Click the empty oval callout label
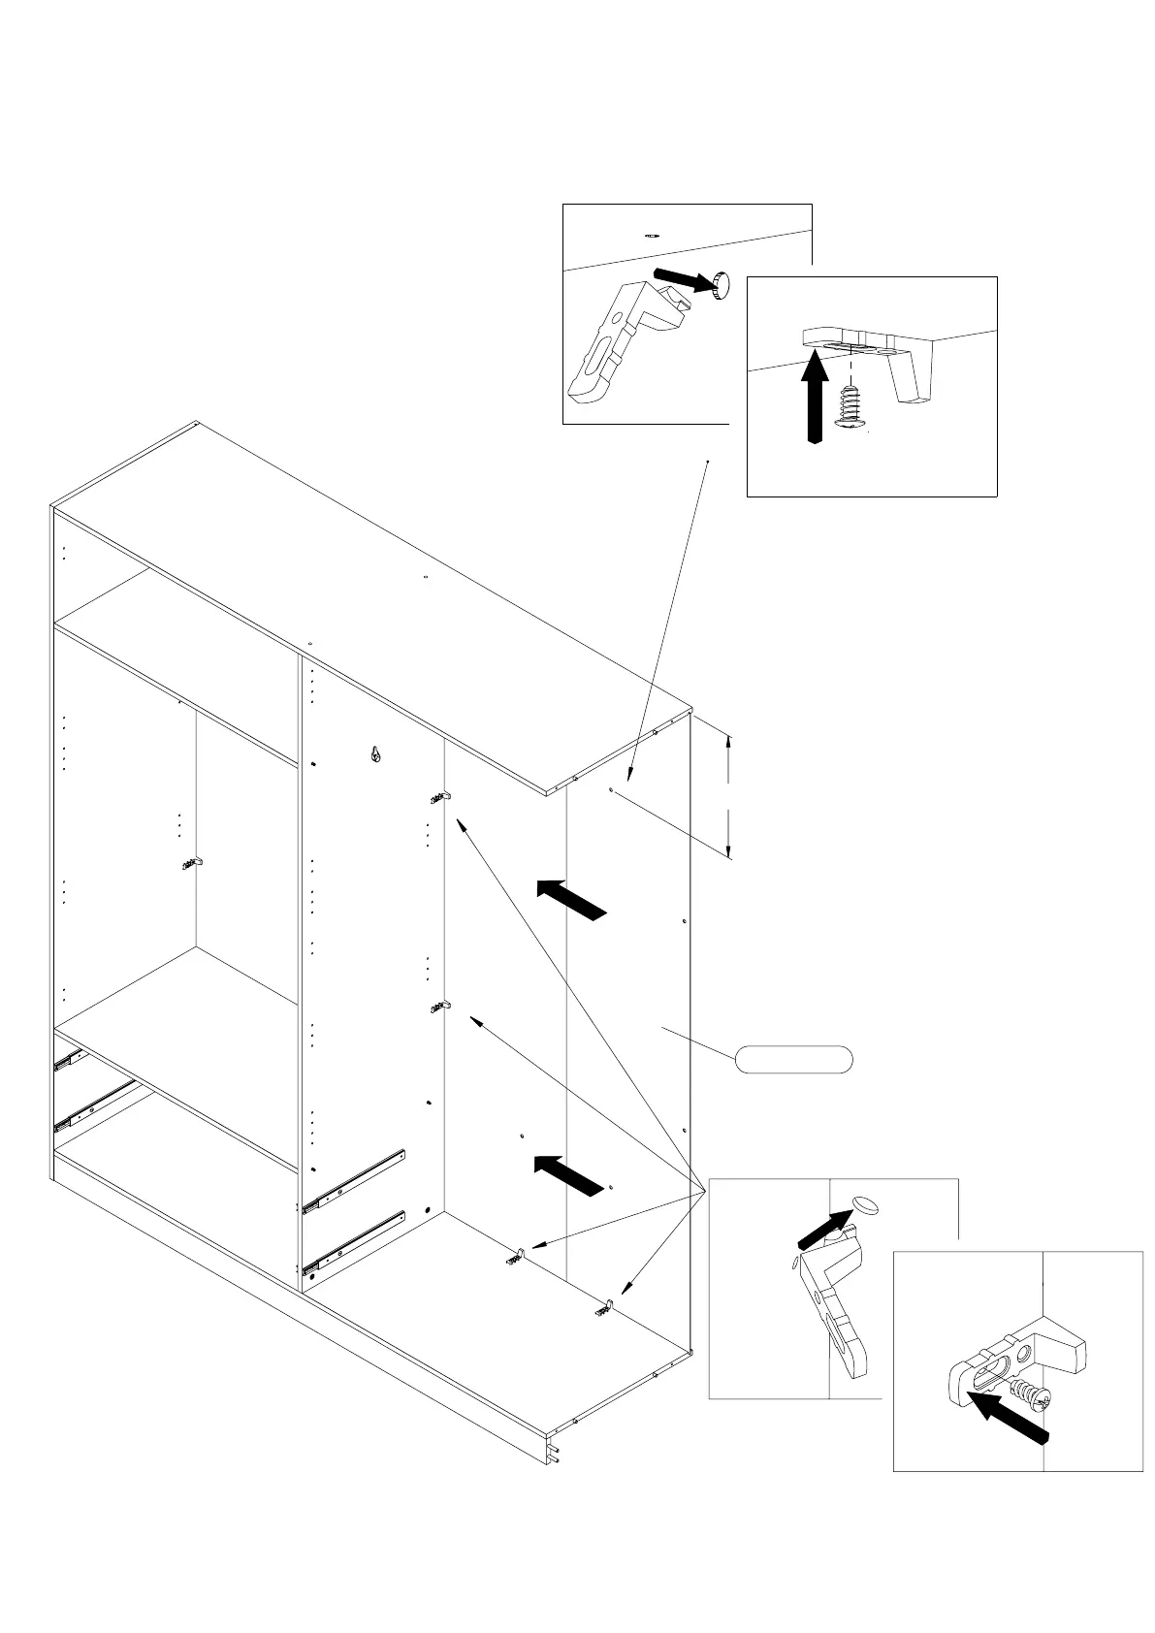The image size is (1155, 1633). click(793, 1060)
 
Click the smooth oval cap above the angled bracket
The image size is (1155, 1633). click(865, 1204)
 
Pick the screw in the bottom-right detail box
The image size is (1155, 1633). click(1027, 1395)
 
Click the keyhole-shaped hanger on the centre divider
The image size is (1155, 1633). click(375, 753)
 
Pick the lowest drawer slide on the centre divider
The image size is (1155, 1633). click(352, 1242)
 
